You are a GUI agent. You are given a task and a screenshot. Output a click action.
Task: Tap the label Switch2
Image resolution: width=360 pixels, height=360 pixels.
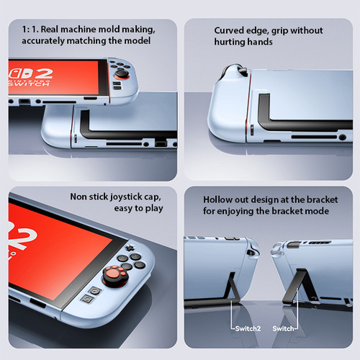[248, 328]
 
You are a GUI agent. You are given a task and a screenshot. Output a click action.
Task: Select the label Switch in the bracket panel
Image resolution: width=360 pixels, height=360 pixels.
[283, 328]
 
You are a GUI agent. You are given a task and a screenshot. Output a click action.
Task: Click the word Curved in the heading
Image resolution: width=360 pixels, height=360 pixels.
[229, 30]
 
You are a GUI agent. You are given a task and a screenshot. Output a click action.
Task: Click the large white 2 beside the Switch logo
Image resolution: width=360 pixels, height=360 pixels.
[42, 73]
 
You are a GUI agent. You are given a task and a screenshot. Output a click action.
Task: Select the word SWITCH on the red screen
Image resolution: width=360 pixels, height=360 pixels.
[29, 84]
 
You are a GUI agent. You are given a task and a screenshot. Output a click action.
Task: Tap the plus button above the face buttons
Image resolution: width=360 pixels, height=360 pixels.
[130, 248]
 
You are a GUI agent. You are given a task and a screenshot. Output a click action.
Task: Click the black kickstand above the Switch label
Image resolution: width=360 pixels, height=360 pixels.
[297, 286]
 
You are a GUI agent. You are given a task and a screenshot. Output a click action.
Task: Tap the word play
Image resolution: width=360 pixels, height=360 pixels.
[154, 209]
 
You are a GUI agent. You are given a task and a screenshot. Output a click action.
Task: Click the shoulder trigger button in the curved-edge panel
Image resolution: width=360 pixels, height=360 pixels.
[243, 71]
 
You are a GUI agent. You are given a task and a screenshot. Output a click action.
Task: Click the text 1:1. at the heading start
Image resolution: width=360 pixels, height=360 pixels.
[30, 30]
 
